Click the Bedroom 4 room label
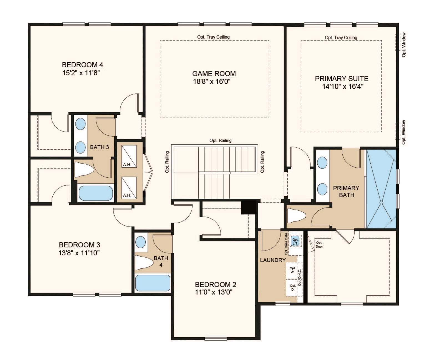(82, 65)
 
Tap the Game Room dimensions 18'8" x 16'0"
(212, 81)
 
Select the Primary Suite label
(342, 79)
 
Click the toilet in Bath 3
(84, 169)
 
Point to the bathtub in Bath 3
(96, 193)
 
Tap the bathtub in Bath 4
(153, 283)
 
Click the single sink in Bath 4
(141, 242)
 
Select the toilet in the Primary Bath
(297, 215)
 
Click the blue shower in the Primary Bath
(381, 189)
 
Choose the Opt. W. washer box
(292, 270)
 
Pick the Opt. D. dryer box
(292, 288)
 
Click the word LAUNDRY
(273, 260)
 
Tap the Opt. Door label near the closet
(319, 245)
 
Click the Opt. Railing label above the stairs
(221, 140)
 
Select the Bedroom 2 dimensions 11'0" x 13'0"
(214, 292)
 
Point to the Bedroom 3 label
(79, 245)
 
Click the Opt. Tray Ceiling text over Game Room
(213, 37)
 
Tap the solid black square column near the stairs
(249, 207)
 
